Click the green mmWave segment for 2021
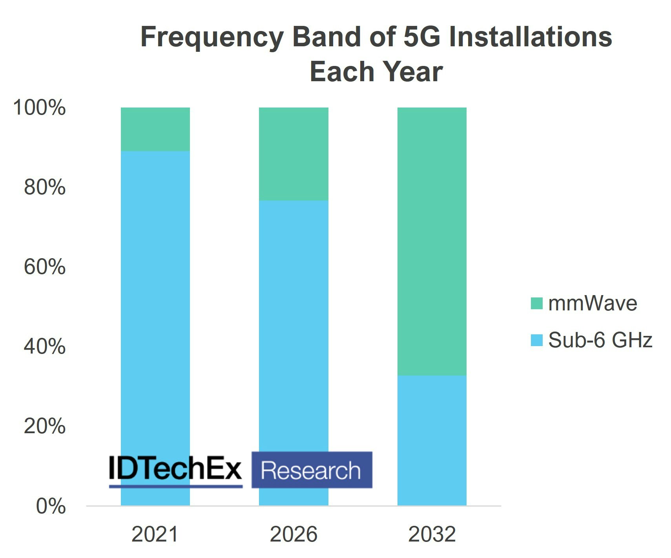click(155, 129)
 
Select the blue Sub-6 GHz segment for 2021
click(155, 298)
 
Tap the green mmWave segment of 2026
click(294, 154)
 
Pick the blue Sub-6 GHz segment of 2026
click(294, 322)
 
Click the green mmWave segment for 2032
click(432, 241)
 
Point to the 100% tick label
click(39, 108)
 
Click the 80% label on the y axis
click(44, 187)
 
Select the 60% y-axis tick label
click(44, 267)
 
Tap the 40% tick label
click(44, 346)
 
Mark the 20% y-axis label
click(44, 426)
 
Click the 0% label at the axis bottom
click(51, 506)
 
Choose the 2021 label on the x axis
click(155, 534)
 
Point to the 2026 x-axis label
click(294, 534)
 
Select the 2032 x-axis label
click(432, 534)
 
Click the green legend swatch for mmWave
click(536, 303)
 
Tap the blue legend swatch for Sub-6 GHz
click(536, 340)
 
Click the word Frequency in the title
click(212, 37)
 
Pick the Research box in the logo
click(312, 470)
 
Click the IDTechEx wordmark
click(175, 468)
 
